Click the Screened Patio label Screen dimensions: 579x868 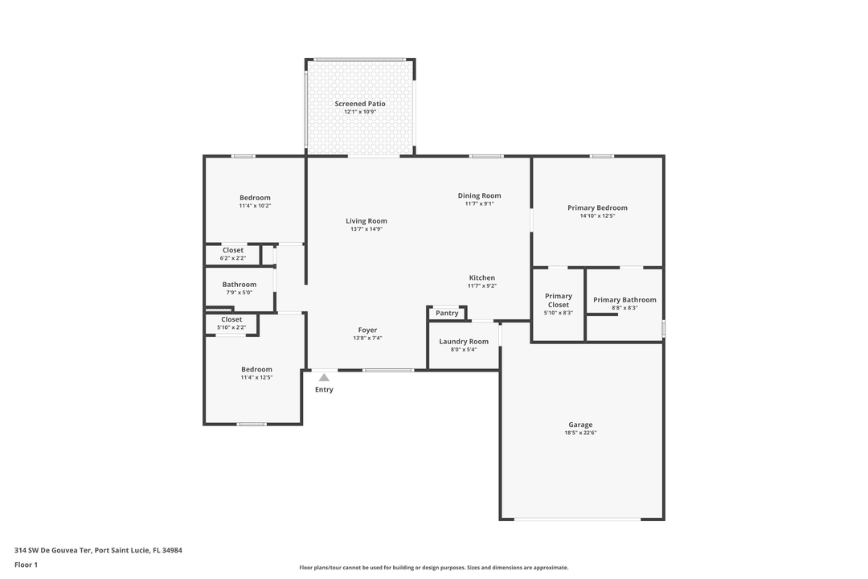360,104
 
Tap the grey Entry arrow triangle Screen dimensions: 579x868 324,376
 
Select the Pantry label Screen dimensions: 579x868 447,313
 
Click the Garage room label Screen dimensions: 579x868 580,425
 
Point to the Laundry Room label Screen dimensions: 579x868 463,342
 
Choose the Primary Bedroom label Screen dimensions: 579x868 597,207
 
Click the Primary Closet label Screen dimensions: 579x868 558,300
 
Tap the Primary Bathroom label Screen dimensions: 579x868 624,300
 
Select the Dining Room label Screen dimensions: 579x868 479,195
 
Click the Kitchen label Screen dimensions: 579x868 481,278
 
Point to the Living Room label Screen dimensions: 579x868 366,221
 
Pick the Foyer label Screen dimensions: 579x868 367,330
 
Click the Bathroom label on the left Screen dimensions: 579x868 240,284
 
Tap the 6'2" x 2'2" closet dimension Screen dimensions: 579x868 233,258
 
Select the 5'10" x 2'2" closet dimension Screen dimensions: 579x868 231,327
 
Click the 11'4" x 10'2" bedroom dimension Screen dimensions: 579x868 255,206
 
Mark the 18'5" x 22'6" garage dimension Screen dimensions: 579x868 580,433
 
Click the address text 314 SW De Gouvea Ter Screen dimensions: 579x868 53,551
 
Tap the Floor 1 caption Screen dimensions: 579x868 26,565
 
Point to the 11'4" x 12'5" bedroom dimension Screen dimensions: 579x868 256,377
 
